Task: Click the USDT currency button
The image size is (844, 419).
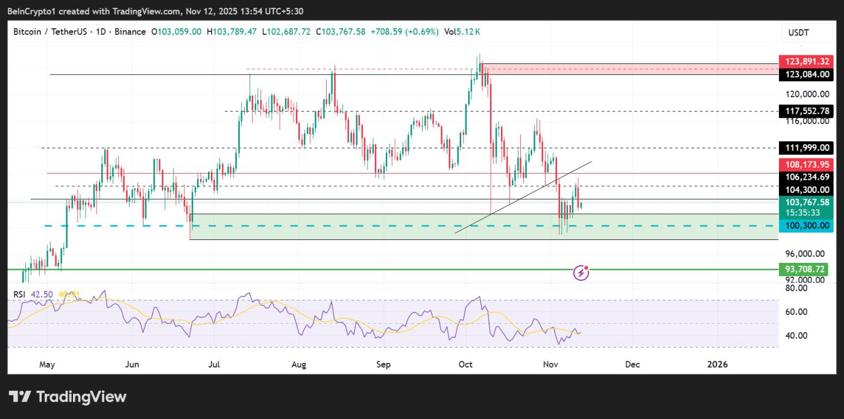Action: point(799,33)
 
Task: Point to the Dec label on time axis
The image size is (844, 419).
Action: point(632,364)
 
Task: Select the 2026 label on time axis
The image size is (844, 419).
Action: point(717,364)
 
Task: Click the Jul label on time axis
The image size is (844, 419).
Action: point(214,364)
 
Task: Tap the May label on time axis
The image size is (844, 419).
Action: point(46,364)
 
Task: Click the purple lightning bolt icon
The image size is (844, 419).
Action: point(581,273)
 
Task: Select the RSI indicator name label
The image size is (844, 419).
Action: point(20,294)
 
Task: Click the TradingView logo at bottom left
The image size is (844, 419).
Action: point(68,397)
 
